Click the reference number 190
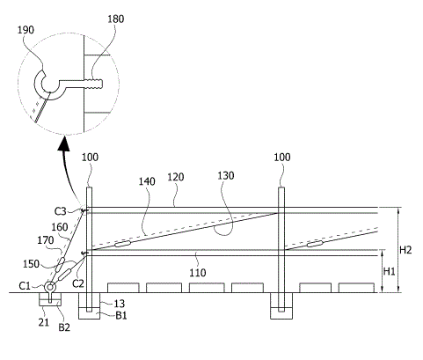pyautogui.click(x=26, y=30)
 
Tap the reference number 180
pyautogui.click(x=115, y=19)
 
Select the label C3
pyautogui.click(x=61, y=211)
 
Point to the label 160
pyautogui.click(x=60, y=227)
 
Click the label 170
pyautogui.click(x=46, y=240)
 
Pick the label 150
pyautogui.click(x=31, y=264)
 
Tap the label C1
pyautogui.click(x=25, y=286)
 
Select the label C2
pyautogui.click(x=78, y=283)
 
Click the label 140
pyautogui.click(x=147, y=181)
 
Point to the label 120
pyautogui.click(x=176, y=177)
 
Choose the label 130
pyautogui.click(x=226, y=176)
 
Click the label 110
pyautogui.click(x=198, y=273)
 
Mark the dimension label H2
pyautogui.click(x=405, y=250)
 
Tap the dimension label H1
pyautogui.click(x=390, y=271)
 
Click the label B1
pyautogui.click(x=121, y=316)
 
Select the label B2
pyautogui.click(x=64, y=327)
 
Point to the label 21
pyautogui.click(x=43, y=322)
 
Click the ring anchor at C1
pyautogui.click(x=50, y=286)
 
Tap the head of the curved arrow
pyautogui.click(x=64, y=143)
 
